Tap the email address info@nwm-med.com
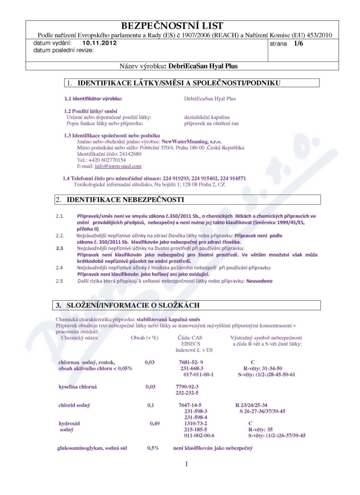[x=118, y=166]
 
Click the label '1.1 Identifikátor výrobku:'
[x=94, y=99]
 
